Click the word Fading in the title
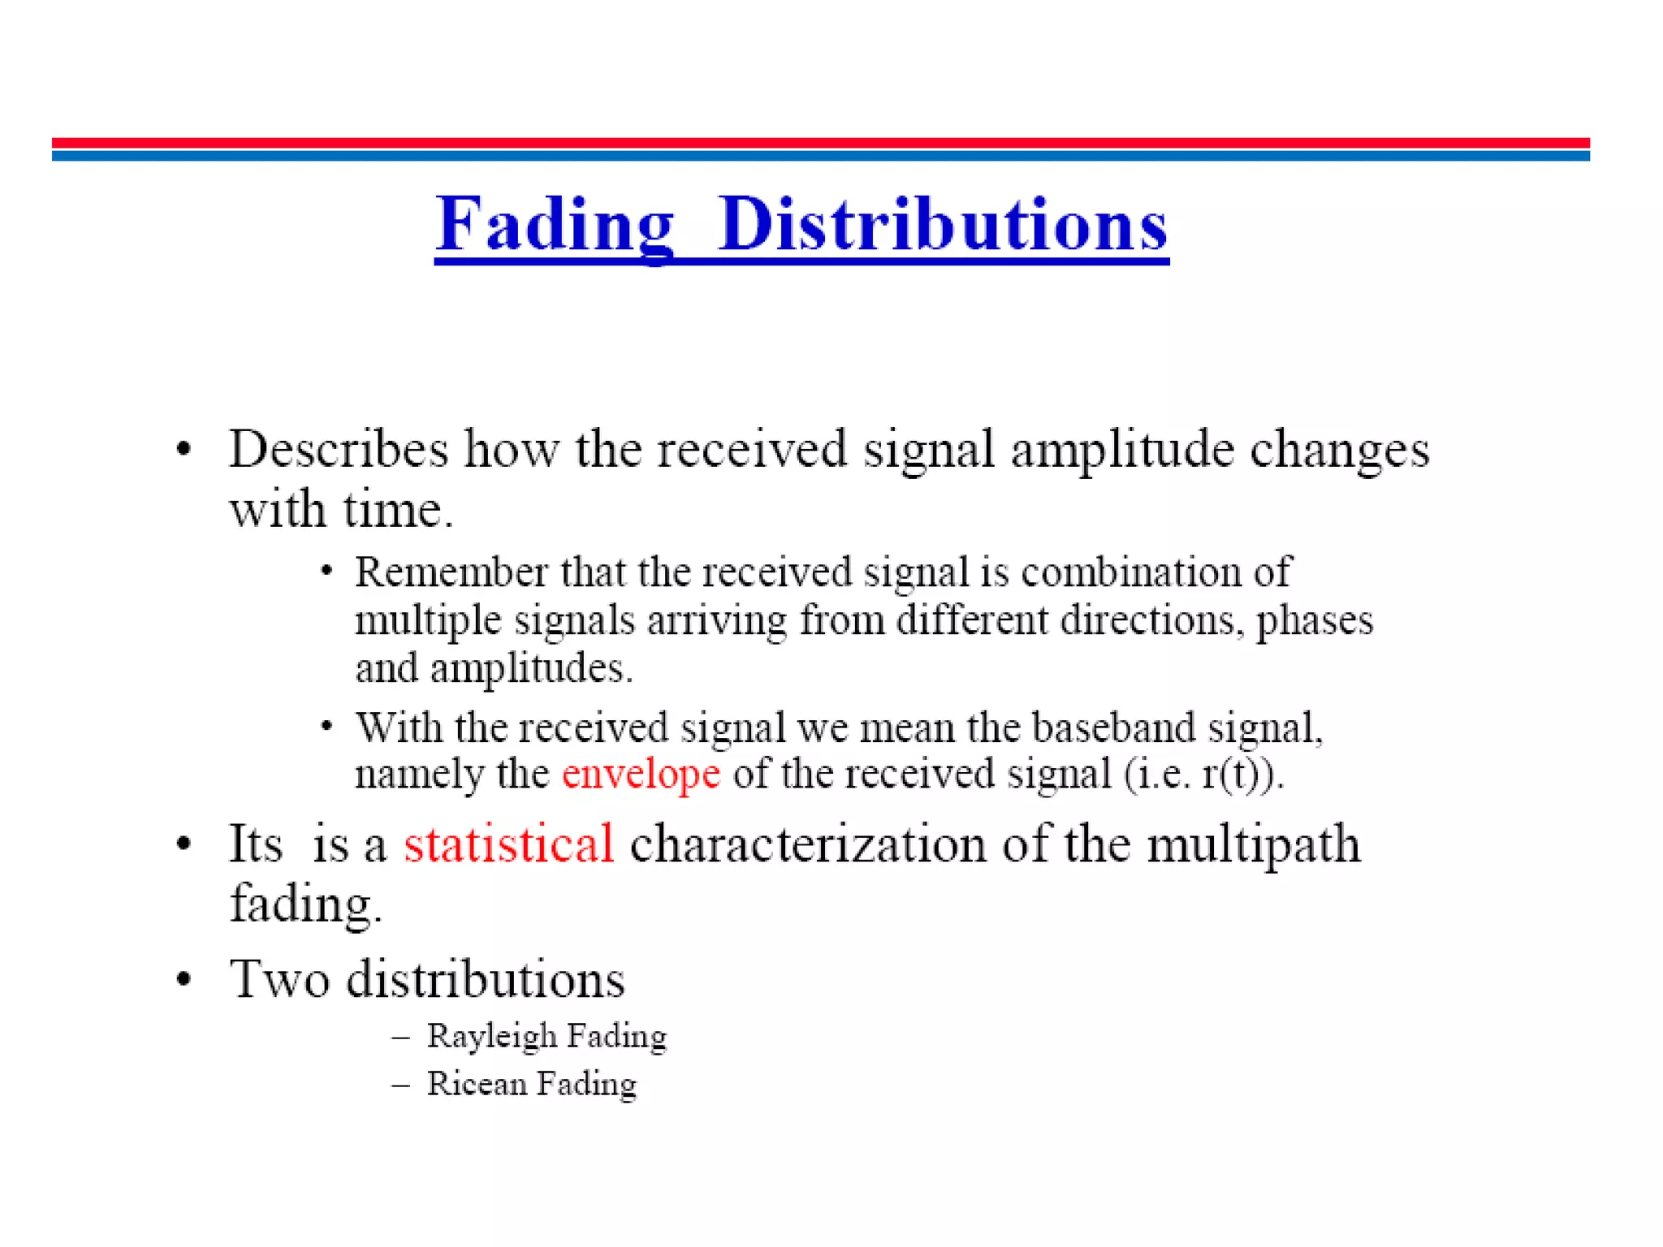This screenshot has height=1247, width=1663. [x=555, y=225]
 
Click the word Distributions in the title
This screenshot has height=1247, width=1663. [x=943, y=225]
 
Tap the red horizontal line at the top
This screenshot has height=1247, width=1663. [x=820, y=143]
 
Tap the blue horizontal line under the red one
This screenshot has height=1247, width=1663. [x=820, y=155]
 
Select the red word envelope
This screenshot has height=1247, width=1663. [x=641, y=774]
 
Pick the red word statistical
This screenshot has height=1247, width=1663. [x=509, y=844]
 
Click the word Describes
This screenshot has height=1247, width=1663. [x=339, y=449]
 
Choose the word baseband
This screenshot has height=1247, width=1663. [x=1113, y=727]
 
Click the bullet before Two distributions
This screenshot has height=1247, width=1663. [x=184, y=979]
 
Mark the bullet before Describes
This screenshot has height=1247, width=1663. [x=184, y=449]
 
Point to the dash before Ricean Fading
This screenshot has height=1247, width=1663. [x=400, y=1085]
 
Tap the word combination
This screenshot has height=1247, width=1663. [x=1131, y=572]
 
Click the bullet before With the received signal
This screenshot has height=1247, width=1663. [x=326, y=725]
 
